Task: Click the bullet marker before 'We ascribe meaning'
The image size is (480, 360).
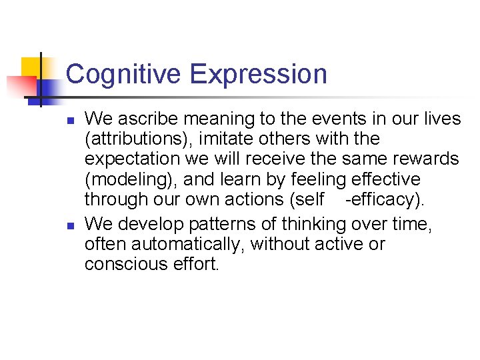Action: [x=69, y=121]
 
